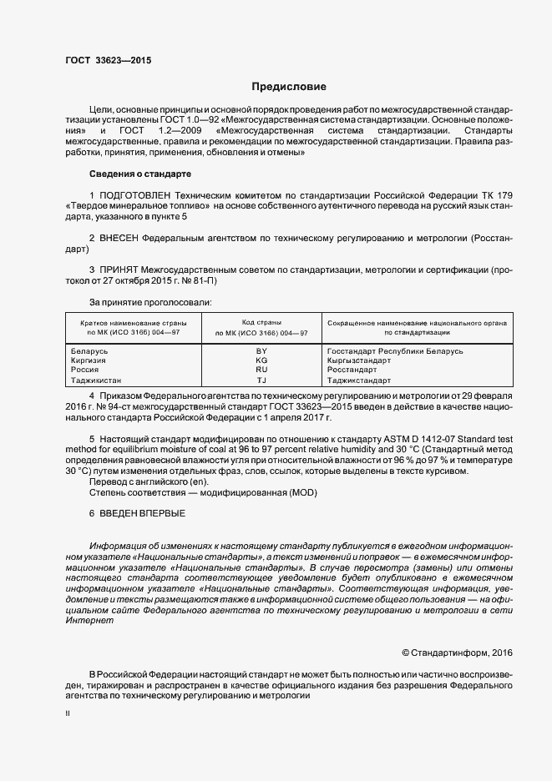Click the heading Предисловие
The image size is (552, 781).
[289, 87]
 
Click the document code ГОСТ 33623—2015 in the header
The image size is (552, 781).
[108, 60]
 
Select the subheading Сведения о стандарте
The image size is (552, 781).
[139, 174]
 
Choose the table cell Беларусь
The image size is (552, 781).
[90, 351]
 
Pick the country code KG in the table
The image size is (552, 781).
[261, 360]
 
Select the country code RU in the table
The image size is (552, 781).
[261, 370]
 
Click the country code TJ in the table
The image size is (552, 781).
[261, 380]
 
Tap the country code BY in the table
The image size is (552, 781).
[261, 351]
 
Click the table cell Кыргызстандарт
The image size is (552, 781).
[359, 360]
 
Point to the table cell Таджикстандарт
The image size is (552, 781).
[359, 380]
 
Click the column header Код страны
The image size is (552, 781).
[261, 322]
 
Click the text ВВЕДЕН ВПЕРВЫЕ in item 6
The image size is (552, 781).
[143, 512]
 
